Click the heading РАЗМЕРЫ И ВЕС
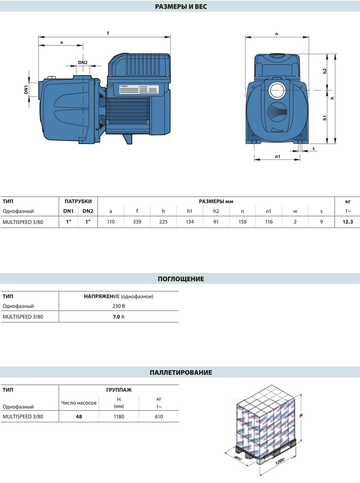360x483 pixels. pos(181,6)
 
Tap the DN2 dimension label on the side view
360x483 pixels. pos(82,63)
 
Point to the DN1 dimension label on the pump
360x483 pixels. pos(26,90)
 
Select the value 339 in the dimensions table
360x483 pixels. pos(137,222)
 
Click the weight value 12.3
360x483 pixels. pos(348,222)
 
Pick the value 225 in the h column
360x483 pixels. pos(163,222)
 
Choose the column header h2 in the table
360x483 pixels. pos(216,211)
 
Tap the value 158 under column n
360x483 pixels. pos(242,222)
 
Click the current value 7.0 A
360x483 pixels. pos(118,317)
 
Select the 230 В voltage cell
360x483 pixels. pos(118,306)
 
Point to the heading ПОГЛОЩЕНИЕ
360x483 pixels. pos(181,279)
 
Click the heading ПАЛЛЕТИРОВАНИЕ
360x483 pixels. pos(181,372)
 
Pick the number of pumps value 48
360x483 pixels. pos(79,416)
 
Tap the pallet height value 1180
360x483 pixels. pos(119,416)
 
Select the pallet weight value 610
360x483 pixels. pos(159,416)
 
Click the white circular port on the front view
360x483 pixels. pos(278,90)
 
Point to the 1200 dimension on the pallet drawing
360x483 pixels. pos(279,462)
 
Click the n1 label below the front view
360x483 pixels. pos(278,156)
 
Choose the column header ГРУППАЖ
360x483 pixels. pos(119,390)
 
